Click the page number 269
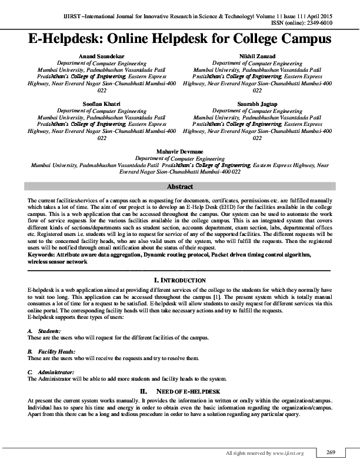tap(330, 452)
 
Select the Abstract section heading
tap(180, 187)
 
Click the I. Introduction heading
tap(180, 280)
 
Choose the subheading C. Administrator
tap(52, 372)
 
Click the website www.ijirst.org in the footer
tap(288, 453)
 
